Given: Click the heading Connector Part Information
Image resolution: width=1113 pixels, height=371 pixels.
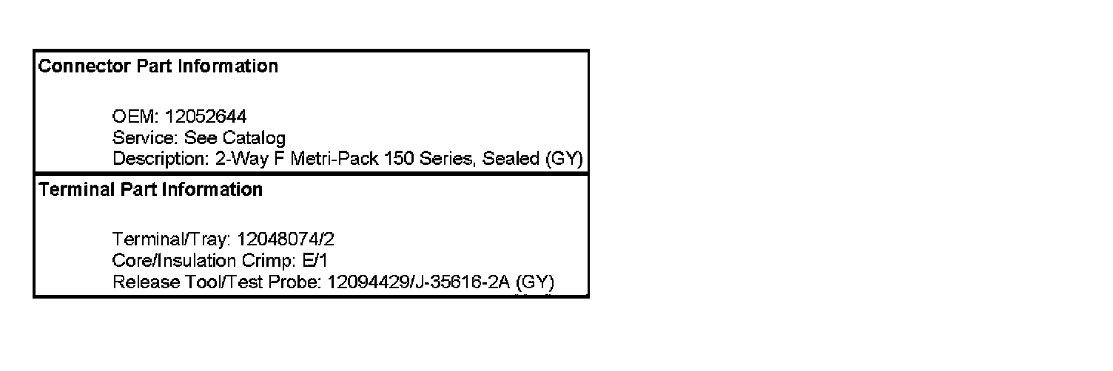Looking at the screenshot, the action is click(158, 67).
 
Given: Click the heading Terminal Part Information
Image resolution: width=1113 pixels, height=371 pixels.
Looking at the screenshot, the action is click(150, 190).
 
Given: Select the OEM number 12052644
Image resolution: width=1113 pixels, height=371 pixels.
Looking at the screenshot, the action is click(206, 117).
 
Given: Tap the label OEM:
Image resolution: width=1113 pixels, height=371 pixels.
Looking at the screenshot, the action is click(136, 117).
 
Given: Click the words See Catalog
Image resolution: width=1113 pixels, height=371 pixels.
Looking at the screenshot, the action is click(235, 137).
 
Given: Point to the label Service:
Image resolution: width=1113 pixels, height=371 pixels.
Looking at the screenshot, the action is click(146, 137).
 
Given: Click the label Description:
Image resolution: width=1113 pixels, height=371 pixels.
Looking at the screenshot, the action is click(158, 159).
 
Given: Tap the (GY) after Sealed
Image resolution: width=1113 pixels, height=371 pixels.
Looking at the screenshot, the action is click(564, 159).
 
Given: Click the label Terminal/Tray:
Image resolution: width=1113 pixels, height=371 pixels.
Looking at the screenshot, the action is click(174, 239).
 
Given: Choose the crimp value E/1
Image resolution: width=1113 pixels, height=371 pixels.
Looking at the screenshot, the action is click(315, 261).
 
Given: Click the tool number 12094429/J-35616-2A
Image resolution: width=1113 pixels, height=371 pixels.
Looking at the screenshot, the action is click(418, 282).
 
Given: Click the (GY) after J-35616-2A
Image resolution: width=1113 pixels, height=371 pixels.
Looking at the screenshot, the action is click(535, 282).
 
